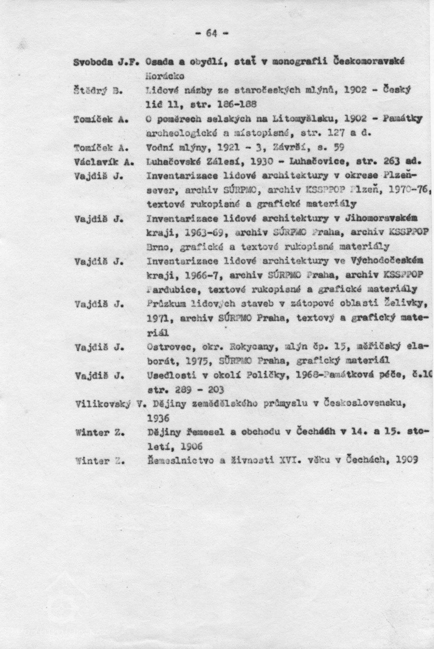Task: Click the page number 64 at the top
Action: click(212, 34)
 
